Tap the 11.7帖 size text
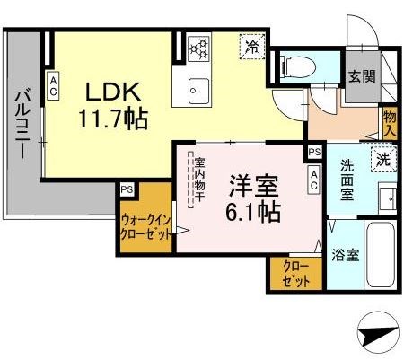[112, 118]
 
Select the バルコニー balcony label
[23, 126]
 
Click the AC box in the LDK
[54, 85]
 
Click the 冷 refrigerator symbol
[252, 45]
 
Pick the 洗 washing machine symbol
[382, 161]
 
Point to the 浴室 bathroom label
[347, 254]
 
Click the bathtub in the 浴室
[381, 250]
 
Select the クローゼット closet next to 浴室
[296, 273]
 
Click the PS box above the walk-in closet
[126, 189]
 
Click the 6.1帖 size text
[252, 213]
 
